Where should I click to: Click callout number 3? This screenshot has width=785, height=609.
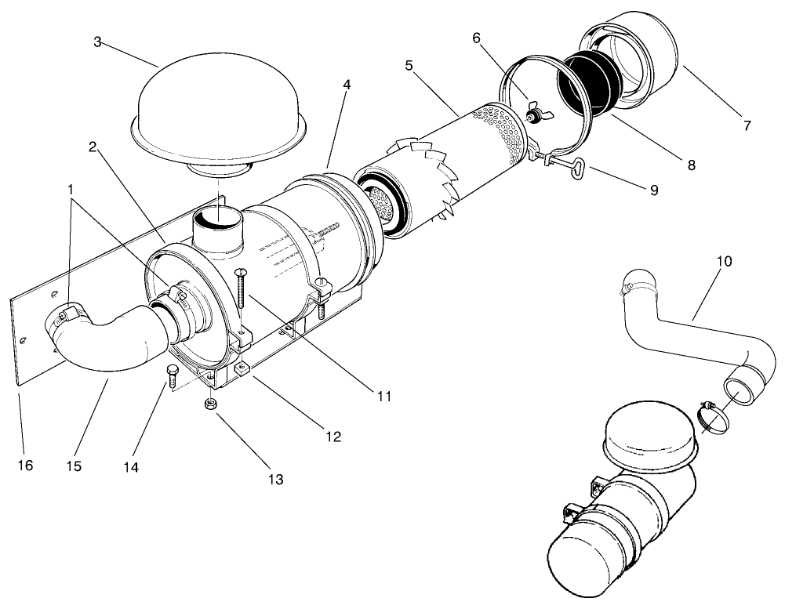click(97, 41)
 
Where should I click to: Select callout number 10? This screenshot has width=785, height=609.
click(724, 261)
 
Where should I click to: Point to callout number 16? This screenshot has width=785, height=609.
click(25, 466)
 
